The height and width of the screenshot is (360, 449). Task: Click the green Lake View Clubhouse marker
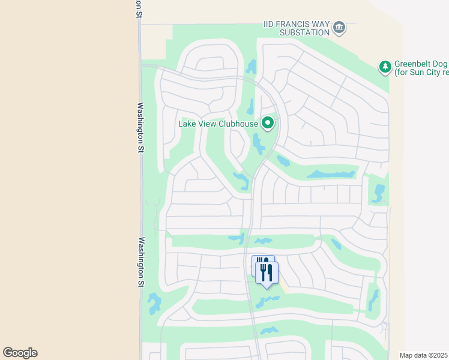pos(268,124)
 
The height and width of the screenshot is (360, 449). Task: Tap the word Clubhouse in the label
pos(239,124)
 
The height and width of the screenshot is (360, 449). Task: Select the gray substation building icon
pos(339,27)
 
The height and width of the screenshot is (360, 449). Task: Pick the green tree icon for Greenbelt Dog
pos(385,67)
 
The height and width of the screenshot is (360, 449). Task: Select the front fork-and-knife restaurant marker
pos(267,273)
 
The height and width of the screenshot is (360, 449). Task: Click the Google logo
pos(20,353)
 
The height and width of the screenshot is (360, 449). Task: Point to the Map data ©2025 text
pos(423,355)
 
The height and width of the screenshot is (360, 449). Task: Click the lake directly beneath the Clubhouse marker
pos(259,145)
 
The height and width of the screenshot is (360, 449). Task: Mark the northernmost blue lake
pos(251,67)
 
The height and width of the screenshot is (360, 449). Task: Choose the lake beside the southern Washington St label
pos(154,303)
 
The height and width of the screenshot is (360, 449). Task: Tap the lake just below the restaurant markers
pos(267,301)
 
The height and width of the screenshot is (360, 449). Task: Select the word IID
pos(271,25)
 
